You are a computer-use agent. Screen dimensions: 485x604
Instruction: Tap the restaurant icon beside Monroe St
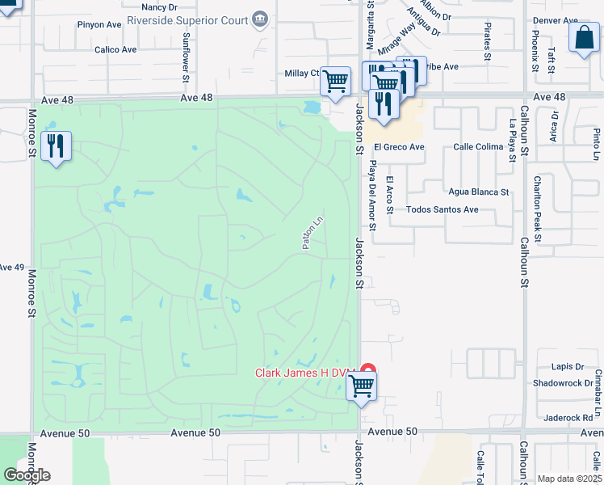click(x=57, y=146)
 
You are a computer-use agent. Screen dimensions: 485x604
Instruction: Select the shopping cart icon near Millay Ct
click(x=335, y=81)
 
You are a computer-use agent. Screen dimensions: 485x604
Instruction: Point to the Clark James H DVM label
click(x=305, y=373)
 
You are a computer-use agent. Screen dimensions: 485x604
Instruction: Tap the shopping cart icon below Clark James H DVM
click(x=361, y=387)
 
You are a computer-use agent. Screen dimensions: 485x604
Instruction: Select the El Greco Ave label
click(x=399, y=147)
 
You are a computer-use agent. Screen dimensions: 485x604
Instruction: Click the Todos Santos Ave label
click(x=443, y=209)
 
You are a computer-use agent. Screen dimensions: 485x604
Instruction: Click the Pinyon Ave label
click(x=99, y=25)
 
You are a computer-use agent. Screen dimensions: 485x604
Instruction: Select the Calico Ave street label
click(x=115, y=49)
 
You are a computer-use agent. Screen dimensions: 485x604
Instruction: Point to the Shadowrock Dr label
click(x=563, y=383)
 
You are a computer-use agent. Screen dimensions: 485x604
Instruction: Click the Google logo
click(x=27, y=475)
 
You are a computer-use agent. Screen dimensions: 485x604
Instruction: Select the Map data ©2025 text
click(x=568, y=479)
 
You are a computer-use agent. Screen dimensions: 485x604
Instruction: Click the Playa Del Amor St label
click(x=372, y=195)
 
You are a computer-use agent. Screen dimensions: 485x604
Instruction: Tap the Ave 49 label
click(x=11, y=268)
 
